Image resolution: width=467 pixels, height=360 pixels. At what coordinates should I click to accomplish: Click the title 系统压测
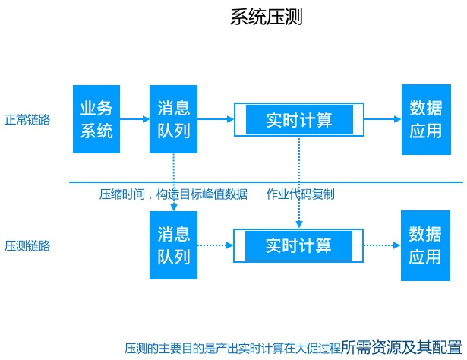266,17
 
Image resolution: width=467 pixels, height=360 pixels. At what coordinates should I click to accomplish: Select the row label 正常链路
27,119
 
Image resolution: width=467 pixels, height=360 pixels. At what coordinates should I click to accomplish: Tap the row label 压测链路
27,245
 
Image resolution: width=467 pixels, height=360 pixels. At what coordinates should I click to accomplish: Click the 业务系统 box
96,119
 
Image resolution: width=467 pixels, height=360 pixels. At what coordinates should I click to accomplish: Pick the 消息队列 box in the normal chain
173,119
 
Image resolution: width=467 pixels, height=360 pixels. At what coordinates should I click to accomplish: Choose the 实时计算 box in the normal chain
299,119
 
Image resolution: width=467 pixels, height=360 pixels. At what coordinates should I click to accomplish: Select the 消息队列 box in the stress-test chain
173,245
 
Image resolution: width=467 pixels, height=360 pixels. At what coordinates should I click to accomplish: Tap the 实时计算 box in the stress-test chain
299,245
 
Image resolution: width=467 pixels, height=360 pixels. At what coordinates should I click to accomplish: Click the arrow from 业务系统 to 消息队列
134,119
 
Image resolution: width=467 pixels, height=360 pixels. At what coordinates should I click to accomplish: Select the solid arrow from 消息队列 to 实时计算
215,119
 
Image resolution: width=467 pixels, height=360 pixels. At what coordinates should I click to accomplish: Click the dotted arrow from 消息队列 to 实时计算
215,245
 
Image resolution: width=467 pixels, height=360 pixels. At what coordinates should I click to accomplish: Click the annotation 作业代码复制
300,194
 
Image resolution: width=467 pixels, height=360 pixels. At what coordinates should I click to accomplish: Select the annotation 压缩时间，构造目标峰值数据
173,194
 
